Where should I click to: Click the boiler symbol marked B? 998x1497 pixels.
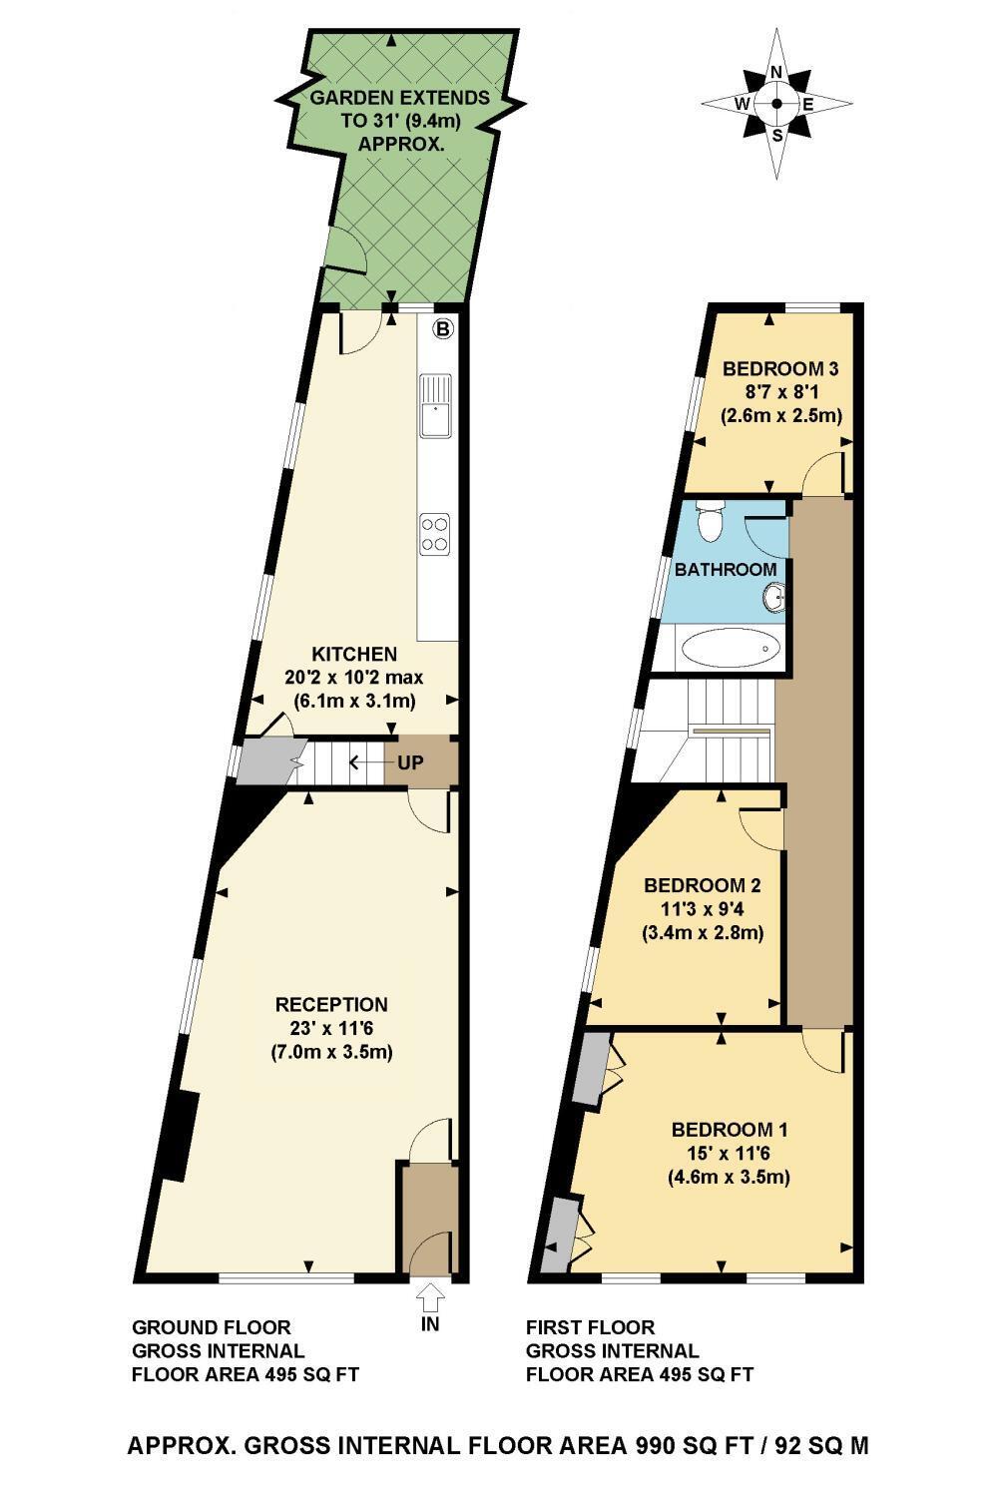[x=443, y=328]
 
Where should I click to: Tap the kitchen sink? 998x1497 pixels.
[x=435, y=405]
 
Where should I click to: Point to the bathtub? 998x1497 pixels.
[x=731, y=647]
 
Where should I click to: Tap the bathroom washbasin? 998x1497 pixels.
[x=775, y=596]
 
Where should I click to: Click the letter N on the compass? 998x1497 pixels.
[x=776, y=73]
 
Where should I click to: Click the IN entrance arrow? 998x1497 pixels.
[x=430, y=1297]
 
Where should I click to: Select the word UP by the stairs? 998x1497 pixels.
[x=410, y=762]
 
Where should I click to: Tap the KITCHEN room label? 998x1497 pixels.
[x=354, y=654]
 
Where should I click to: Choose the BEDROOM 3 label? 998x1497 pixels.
[x=780, y=368]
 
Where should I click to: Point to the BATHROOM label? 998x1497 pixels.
[x=726, y=570]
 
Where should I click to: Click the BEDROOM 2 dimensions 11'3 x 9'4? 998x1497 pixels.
[x=703, y=909]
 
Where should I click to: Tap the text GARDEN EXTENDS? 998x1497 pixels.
[x=400, y=98]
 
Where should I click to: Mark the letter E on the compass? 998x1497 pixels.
[x=807, y=104]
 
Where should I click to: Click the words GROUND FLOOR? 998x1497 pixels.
[x=212, y=1327]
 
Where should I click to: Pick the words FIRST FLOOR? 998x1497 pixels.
[x=590, y=1327]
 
